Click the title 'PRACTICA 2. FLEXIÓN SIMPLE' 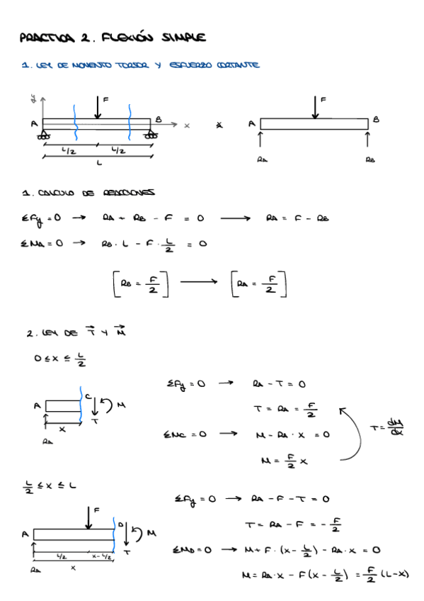pyautogui.click(x=113, y=37)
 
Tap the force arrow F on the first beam pyautogui.click(x=96, y=107)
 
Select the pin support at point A pyautogui.click(x=45, y=133)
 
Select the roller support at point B pyautogui.click(x=151, y=133)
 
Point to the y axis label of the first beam pyautogui.click(x=33, y=96)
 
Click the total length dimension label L pyautogui.click(x=98, y=162)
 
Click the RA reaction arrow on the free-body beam pyautogui.click(x=260, y=140)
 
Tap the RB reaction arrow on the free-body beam pyautogui.click(x=369, y=140)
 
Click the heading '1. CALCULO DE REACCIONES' pyautogui.click(x=88, y=193)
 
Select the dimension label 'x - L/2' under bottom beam pyautogui.click(x=101, y=557)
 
